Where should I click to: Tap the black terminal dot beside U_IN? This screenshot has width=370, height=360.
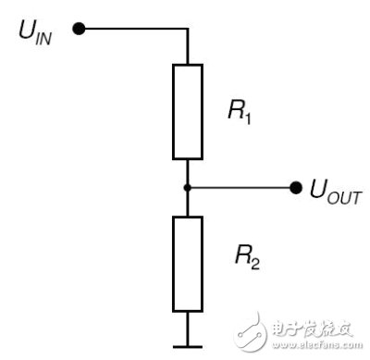click(x=79, y=29)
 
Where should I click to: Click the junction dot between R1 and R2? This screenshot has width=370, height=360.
click(x=187, y=188)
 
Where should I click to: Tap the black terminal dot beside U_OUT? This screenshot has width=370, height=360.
click(x=296, y=188)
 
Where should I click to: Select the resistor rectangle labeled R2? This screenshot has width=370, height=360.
click(x=187, y=263)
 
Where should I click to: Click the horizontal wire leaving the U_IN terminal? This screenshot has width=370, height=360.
click(x=134, y=29)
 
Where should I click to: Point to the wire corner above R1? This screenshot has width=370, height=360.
click(x=187, y=29)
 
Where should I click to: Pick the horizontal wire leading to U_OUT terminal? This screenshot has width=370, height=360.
click(x=240, y=188)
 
